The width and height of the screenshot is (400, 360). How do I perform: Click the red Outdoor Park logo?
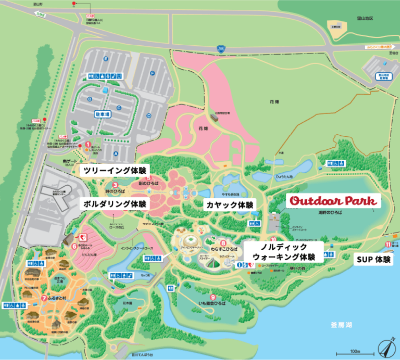pyautogui.click(x=333, y=201)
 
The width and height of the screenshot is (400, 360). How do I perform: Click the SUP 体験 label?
pyautogui.click(x=372, y=259)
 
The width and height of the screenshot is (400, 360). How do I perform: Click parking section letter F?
pyautogui.click(x=152, y=73)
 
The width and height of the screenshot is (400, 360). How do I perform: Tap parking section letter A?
pyautogui.click(x=115, y=154)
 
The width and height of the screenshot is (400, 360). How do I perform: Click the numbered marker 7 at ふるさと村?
pyautogui.click(x=43, y=298)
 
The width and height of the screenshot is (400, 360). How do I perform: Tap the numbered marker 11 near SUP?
pyautogui.click(x=387, y=244)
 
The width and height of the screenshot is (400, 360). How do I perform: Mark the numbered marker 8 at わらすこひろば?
pyautogui.click(x=223, y=242)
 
